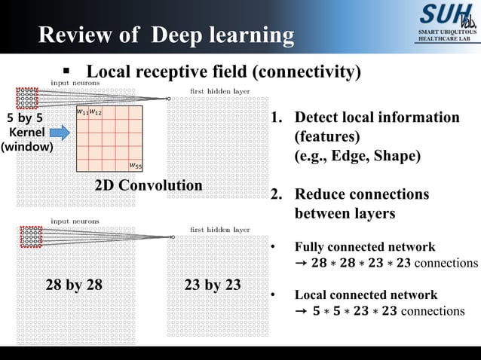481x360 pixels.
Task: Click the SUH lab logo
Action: pos(446,14)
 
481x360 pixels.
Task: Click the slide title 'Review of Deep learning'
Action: pos(166,35)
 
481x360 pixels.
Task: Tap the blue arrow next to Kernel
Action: pos(60,133)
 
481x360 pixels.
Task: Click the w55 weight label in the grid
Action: pos(133,165)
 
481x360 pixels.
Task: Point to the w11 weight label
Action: pos(82,112)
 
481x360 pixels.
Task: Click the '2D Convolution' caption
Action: pos(148,185)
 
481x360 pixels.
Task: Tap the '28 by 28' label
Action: pos(74,285)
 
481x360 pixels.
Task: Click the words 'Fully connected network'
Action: pos(364,247)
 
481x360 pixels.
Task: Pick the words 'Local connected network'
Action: pos(365,294)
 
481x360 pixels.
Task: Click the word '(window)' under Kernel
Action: pos(26,147)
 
